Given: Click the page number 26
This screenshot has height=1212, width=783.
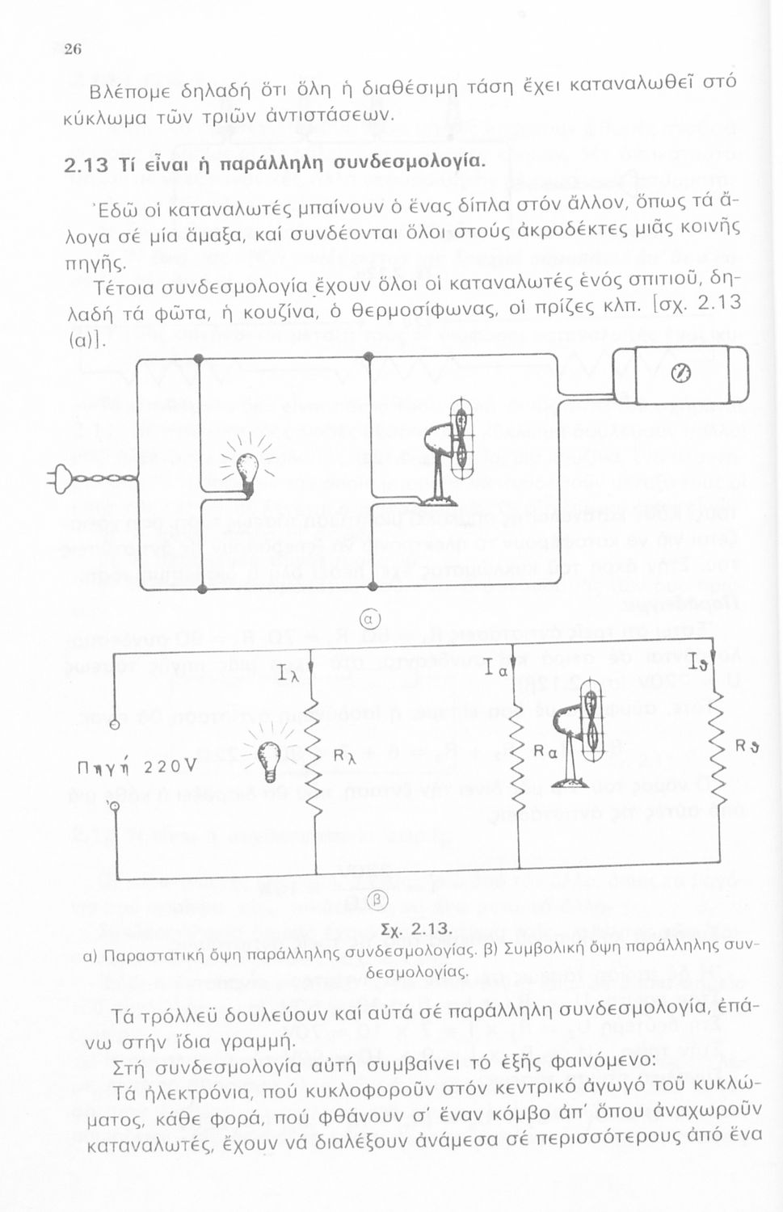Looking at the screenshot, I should (x=73, y=49).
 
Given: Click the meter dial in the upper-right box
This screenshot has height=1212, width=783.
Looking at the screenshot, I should (x=681, y=373).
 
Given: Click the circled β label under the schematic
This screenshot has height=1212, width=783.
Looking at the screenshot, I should (x=377, y=900).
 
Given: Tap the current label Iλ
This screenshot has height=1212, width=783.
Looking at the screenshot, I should (x=288, y=672).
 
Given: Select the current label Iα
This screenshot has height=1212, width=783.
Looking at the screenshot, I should (x=498, y=669).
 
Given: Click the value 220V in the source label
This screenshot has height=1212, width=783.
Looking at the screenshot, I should (x=170, y=767).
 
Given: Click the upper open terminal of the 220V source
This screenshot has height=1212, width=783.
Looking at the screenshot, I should (x=116, y=725).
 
